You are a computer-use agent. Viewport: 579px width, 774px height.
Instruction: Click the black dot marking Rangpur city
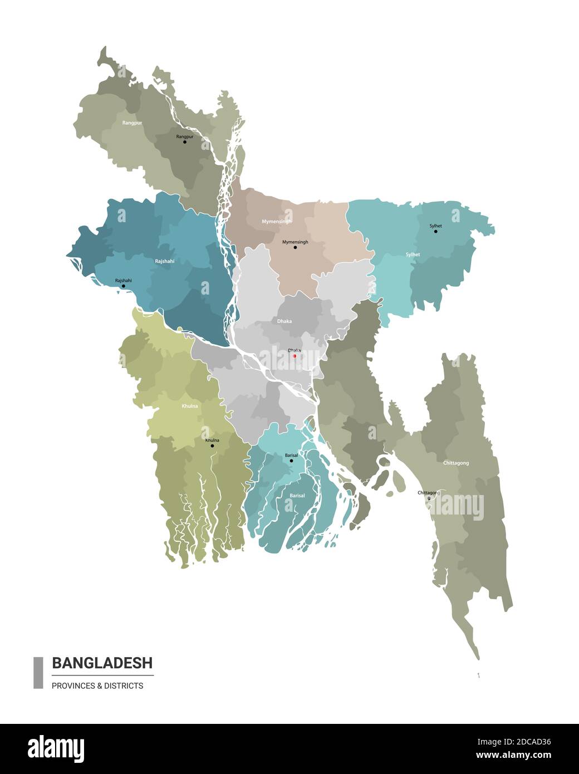point(185,142)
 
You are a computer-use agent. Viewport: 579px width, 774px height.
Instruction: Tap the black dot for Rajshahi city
point(124,286)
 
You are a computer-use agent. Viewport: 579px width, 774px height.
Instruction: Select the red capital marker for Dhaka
point(295,356)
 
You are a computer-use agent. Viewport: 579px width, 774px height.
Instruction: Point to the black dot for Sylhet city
point(436,231)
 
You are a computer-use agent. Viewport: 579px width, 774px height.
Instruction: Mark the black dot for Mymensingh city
point(295,247)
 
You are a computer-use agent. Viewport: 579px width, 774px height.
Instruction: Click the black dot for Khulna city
point(212,445)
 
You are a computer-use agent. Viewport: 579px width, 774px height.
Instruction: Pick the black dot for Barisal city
point(291,461)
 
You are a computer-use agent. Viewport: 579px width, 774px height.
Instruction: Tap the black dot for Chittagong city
point(429,498)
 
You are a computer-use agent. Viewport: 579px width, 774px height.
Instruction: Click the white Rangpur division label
point(132,123)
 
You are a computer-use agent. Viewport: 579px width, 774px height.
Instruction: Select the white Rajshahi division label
point(164,261)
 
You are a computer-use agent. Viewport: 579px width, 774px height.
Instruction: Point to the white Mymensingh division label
point(277,222)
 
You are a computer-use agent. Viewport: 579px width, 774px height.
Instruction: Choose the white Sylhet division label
point(413,254)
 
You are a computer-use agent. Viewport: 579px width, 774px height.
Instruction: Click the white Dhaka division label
point(284,321)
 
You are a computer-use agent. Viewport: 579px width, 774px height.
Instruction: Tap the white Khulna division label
point(189,406)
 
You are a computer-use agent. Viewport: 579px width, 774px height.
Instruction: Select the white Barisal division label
point(297,495)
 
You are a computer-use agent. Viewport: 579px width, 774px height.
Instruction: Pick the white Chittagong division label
point(456,463)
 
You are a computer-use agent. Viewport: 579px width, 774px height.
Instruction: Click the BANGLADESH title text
point(102,663)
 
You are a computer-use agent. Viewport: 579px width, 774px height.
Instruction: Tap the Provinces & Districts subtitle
point(97,685)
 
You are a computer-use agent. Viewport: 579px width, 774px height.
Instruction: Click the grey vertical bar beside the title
point(38,673)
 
